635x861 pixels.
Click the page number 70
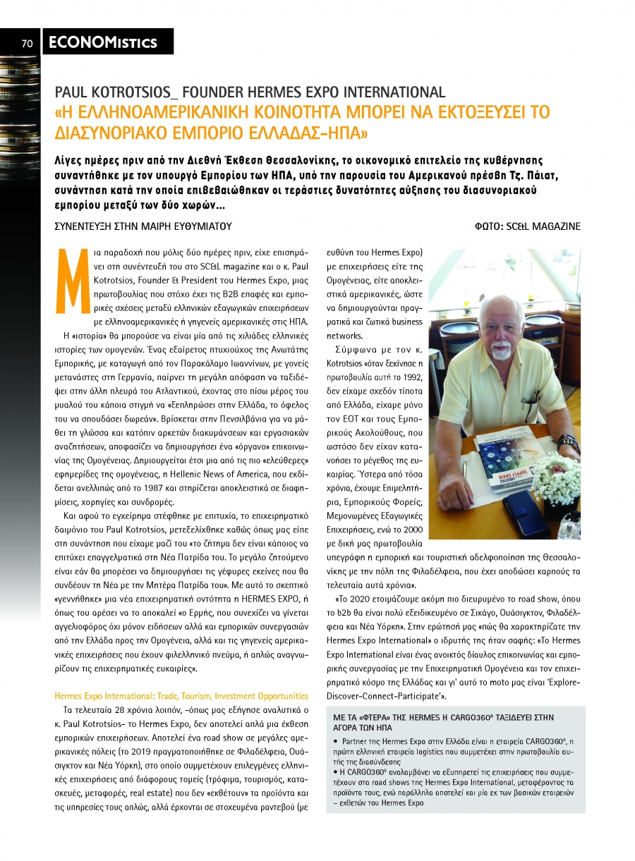[28, 43]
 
